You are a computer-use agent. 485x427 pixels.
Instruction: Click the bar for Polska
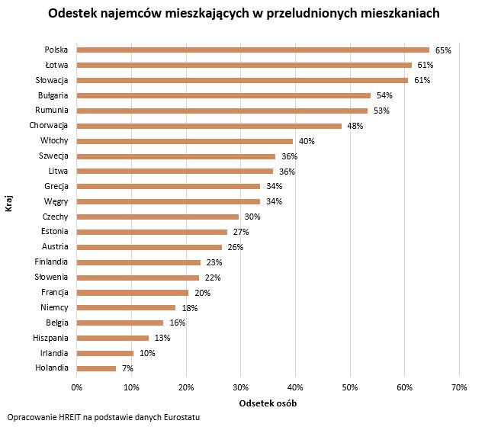coord(252,50)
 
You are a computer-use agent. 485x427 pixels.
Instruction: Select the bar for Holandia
coord(96,368)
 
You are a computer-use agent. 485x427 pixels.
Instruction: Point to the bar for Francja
coord(132,292)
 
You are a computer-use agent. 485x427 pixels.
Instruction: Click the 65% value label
coord(443,50)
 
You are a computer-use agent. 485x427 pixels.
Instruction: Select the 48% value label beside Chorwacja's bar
coord(355,126)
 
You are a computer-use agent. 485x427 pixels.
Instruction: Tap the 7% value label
coord(127,368)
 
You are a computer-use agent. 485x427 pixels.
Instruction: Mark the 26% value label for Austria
coord(234,247)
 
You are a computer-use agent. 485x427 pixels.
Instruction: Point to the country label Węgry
coord(56,201)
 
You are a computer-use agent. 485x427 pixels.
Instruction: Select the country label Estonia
coord(55,232)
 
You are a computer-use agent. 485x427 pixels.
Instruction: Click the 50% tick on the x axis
coord(349,388)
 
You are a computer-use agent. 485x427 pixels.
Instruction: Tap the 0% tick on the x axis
coord(76,388)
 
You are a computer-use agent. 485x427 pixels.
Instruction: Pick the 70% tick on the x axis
coord(458,388)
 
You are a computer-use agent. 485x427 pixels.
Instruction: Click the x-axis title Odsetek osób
coord(268,403)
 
